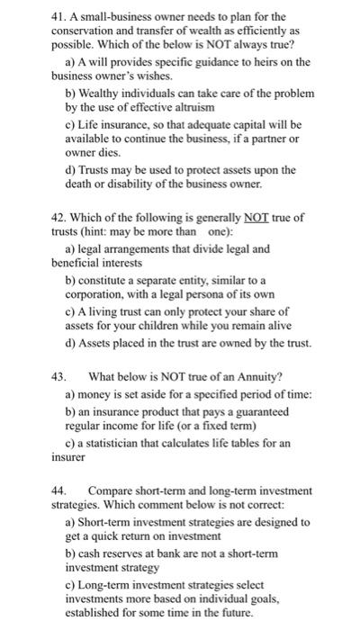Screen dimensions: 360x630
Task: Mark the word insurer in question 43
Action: [70, 457]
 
